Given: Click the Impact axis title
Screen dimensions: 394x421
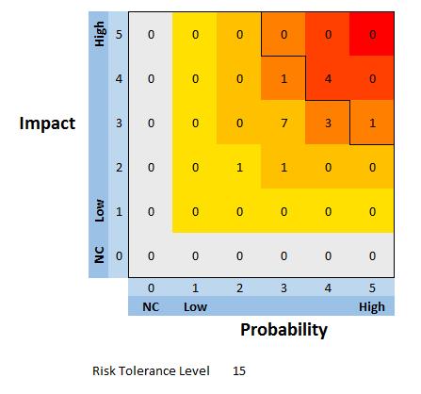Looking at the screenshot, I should coord(47,124).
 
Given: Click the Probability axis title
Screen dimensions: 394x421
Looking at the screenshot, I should coord(283,329).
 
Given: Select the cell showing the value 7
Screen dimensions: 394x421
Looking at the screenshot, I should coord(283,123).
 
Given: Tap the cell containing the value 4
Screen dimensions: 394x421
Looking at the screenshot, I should coord(328,79).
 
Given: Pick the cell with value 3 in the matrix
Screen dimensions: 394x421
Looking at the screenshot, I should coord(328,123).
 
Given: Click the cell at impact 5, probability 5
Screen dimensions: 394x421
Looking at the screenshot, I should coord(372,35).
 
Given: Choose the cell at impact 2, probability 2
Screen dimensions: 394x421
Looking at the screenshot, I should coord(239,168).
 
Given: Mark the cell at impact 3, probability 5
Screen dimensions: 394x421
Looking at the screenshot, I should coord(372,123).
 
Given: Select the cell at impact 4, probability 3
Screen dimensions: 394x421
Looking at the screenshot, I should coord(283,79).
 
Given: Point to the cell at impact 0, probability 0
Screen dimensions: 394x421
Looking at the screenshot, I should coord(151,255).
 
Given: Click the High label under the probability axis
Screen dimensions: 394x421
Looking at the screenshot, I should coord(371,306).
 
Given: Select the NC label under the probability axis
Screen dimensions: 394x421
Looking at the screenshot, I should coord(151,306).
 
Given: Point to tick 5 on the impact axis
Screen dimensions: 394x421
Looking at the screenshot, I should coord(119,35).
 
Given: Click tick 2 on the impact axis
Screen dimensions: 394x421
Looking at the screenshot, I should coord(119,168).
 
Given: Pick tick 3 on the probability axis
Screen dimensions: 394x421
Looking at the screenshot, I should coord(283,287).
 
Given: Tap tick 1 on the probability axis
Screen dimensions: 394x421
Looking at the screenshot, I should coord(195,287).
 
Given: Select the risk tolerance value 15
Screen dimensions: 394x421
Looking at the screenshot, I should coord(239,370).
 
